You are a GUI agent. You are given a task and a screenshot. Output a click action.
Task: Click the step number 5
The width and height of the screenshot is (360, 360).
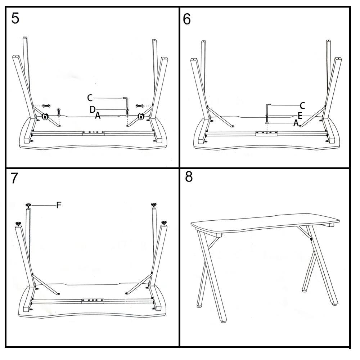(x=15, y=18)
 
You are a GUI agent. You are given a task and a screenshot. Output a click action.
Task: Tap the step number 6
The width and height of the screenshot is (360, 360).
(x=186, y=19)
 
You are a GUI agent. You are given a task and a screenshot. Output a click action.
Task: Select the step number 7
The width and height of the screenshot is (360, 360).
(x=14, y=178)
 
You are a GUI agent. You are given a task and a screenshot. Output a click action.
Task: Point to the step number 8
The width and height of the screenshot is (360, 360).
(x=189, y=177)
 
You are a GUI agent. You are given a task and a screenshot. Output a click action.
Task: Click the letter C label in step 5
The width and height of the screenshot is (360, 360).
(x=90, y=98)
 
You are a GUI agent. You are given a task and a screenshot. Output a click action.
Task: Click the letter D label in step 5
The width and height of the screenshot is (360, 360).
(x=93, y=109)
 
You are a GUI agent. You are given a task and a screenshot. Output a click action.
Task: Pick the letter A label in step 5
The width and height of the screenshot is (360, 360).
(x=98, y=116)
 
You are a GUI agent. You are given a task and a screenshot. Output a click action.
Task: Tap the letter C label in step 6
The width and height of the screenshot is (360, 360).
(x=302, y=106)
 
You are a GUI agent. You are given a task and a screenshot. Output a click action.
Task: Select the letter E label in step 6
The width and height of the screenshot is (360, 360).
(x=300, y=116)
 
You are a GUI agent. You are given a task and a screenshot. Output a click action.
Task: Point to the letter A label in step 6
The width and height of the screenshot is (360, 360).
(x=296, y=123)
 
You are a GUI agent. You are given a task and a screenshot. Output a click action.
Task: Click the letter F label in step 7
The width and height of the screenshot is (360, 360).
(x=59, y=205)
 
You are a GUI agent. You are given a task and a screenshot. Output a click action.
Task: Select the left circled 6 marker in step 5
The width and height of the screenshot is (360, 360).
(x=45, y=116)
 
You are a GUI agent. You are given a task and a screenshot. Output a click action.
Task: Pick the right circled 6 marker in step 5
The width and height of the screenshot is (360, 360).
(x=140, y=116)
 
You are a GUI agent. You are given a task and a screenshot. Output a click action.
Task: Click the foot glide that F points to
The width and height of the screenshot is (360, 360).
(x=28, y=205)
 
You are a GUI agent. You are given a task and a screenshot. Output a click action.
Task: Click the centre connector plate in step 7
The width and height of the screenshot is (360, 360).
(x=93, y=301)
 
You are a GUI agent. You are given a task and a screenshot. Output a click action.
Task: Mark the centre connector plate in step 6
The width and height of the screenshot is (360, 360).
(x=266, y=134)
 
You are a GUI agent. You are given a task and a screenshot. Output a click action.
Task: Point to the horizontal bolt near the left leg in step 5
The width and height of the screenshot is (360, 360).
(x=46, y=105)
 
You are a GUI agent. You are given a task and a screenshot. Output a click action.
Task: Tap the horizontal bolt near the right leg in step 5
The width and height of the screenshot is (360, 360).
(x=139, y=105)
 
